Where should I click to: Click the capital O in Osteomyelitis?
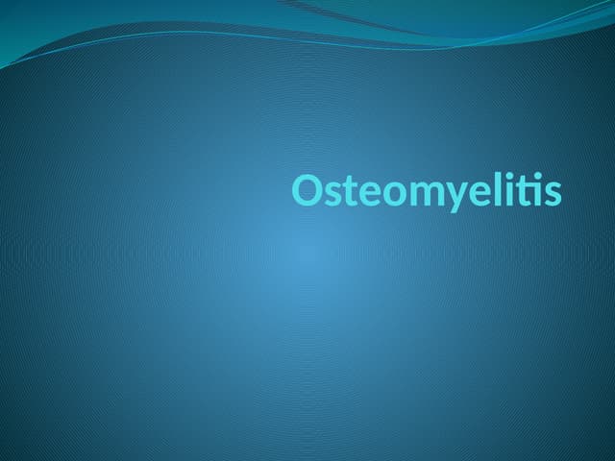[x=308, y=190]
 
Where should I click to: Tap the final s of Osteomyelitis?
[x=551, y=194]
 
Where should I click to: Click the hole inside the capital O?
[x=308, y=190]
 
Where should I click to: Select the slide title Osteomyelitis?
[x=427, y=191]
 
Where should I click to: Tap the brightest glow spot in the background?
[x=307, y=255]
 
